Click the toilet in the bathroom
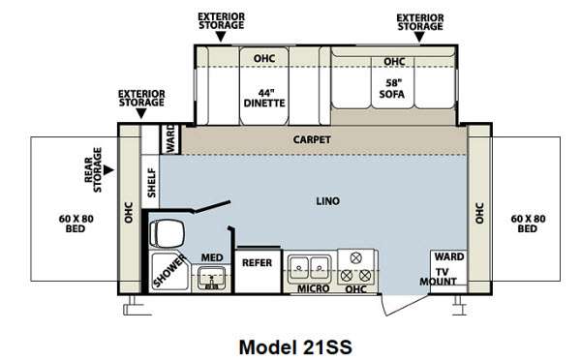coord(167,233)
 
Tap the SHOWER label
coord(169,271)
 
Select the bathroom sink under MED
coord(211,278)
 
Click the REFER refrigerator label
coord(257,263)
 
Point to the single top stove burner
coord(355,257)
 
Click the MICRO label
coord(313,288)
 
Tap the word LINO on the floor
coord(328,201)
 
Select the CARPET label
coord(312,139)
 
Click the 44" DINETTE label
coord(264,98)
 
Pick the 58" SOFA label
coord(392,89)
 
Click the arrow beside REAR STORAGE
coord(108,170)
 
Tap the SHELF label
coord(152,183)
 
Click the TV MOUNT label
coord(439,277)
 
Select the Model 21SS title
coord(295,347)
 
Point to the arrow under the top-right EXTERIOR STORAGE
coord(419,37)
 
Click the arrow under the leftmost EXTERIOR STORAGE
coord(141,113)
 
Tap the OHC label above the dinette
coord(264,58)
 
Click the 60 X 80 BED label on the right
coord(528,224)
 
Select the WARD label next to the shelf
coord(170,138)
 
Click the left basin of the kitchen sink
coord(299,267)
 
